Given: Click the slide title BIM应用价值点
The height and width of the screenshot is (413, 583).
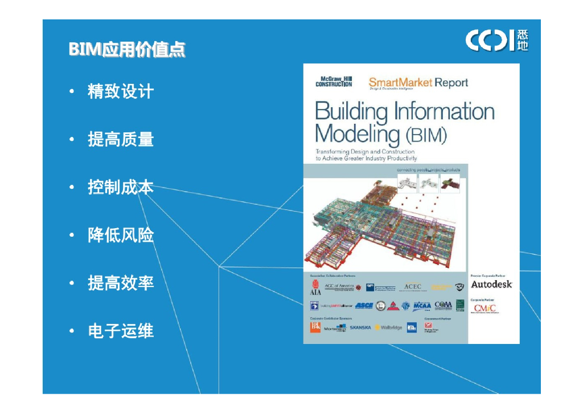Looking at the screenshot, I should [x=126, y=49].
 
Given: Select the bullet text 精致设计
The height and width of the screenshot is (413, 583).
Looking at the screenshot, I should [x=121, y=91].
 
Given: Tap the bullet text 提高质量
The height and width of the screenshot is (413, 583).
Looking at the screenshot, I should [x=121, y=139].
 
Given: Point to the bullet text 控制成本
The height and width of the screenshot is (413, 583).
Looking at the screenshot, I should [x=121, y=187].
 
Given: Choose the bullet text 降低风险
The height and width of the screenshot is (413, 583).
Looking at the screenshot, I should [x=121, y=235].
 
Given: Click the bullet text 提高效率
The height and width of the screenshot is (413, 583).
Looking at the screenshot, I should [x=121, y=283].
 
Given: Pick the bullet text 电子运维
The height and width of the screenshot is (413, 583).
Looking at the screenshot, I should [x=121, y=331].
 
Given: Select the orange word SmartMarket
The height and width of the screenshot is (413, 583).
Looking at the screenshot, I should [x=400, y=83].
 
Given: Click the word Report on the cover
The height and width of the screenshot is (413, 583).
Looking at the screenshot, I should [x=451, y=83].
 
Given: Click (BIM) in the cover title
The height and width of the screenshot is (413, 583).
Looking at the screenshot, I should [x=426, y=136].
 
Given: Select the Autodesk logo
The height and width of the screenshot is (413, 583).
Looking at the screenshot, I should [x=491, y=284].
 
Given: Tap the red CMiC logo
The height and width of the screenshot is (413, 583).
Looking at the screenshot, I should [x=485, y=308].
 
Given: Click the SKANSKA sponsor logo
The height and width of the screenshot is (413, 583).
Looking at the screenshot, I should [x=360, y=327].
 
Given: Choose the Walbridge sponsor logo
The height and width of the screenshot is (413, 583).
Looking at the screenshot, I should [x=389, y=327].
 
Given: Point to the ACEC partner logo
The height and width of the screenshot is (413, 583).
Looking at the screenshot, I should [x=412, y=286].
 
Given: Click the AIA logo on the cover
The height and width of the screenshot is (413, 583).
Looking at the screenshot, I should [x=315, y=287].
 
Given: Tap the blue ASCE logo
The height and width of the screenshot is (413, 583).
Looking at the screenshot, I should [x=364, y=306].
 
